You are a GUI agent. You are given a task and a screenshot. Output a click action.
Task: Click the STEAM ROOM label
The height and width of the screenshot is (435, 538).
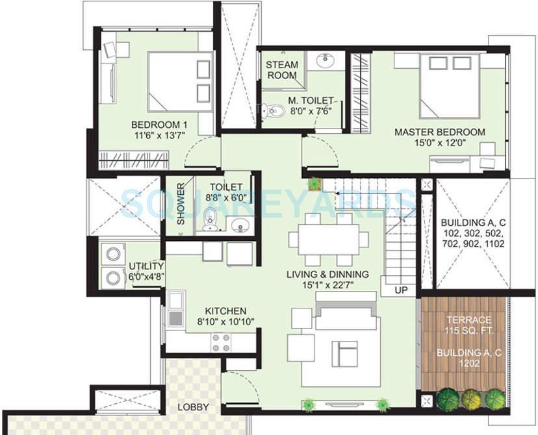click(282, 69)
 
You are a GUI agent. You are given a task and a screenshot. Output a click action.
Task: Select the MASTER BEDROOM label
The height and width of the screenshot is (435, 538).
click(439, 132)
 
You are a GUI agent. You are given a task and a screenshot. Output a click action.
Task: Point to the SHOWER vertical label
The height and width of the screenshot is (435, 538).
click(181, 205)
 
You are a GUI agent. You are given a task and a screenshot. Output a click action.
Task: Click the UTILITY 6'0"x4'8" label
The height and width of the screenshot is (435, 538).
click(146, 271)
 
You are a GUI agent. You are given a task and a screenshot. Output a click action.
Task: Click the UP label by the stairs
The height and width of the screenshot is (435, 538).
click(401, 290)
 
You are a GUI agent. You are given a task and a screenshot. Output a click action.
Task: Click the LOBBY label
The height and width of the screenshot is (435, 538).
click(193, 407)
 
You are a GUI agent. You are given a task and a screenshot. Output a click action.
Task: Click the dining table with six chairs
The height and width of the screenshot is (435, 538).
click(323, 238)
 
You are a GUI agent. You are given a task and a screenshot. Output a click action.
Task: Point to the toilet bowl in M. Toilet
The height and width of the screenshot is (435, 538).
click(273, 112)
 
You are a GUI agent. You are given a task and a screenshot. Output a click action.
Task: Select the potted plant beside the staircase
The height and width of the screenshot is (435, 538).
click(316, 184)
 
